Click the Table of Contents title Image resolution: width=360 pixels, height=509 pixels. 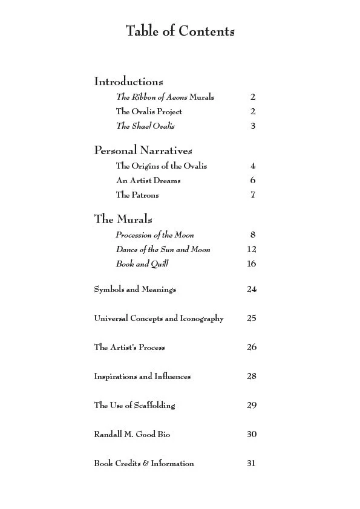(x=180, y=31)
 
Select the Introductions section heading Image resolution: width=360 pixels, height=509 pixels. (x=128, y=81)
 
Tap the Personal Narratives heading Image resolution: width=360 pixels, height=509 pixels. (x=143, y=150)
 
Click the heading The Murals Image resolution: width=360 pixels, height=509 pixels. (x=123, y=219)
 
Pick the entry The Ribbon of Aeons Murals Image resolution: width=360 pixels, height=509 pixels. (x=165, y=97)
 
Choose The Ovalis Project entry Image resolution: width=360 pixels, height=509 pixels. (x=149, y=111)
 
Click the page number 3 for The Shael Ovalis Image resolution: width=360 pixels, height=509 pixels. (x=253, y=126)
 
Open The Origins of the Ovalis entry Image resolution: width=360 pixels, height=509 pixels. (x=161, y=166)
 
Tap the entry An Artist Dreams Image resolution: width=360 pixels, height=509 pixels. (x=148, y=180)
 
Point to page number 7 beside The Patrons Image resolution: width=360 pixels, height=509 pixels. (x=253, y=195)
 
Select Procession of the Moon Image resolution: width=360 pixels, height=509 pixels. (x=155, y=235)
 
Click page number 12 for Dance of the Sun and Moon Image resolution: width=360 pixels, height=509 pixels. (x=252, y=249)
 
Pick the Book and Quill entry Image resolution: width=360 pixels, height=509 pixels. (x=142, y=264)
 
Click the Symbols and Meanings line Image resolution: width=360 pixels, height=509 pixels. (x=135, y=290)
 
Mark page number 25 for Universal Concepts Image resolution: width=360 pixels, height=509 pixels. (x=252, y=319)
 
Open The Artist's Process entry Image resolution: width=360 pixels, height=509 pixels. (x=129, y=348)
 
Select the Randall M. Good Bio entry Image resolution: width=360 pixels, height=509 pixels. (x=136, y=435)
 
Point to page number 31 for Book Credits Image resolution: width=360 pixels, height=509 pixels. (x=252, y=464)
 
